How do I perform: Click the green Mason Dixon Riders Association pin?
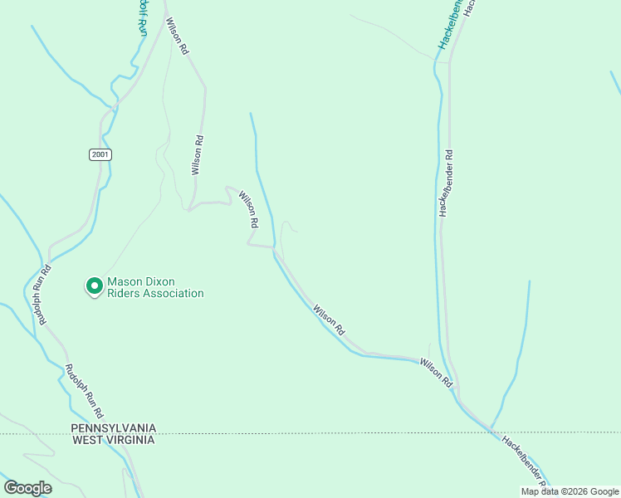coord(95,286)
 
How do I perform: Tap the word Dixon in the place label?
coord(156,282)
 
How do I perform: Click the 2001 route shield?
coord(99,154)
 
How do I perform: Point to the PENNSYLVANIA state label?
coord(113,428)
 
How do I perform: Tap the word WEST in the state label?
coord(89,440)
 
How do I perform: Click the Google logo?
coord(27,488)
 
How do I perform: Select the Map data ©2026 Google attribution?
coord(570,491)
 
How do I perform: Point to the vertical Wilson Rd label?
coord(197,155)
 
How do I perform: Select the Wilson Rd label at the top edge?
coord(177,37)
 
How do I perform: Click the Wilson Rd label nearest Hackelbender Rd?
coord(436,373)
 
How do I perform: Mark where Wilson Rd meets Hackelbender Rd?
coord(456,388)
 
